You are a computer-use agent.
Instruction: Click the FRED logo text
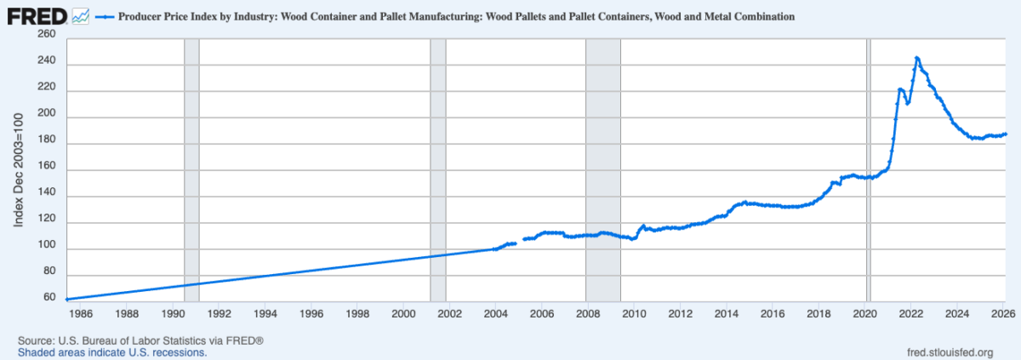(37, 15)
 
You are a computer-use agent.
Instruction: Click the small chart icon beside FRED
(82, 15)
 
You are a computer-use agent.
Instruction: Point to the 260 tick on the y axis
(46, 34)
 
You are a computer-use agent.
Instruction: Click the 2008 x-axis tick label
(588, 313)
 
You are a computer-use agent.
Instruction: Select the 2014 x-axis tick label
(727, 313)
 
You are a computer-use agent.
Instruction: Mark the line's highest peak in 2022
(916, 58)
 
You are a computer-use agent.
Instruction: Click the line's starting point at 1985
(66, 299)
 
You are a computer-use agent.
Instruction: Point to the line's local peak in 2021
(900, 89)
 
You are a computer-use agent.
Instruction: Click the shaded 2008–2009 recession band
(603, 170)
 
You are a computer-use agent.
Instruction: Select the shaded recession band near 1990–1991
(191, 170)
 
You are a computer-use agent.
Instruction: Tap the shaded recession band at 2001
(438, 170)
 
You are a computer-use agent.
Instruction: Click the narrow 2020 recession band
(868, 170)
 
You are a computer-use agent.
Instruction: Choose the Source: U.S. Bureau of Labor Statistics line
(140, 340)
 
